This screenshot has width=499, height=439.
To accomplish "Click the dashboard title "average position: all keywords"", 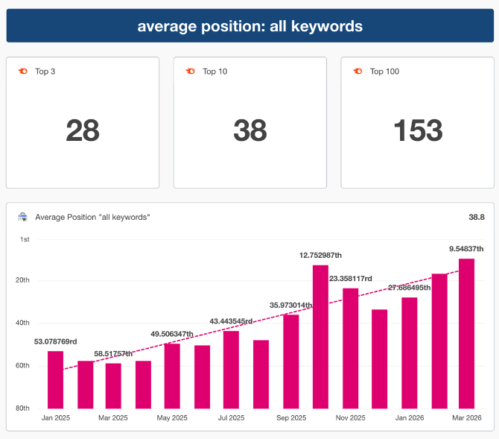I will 249,26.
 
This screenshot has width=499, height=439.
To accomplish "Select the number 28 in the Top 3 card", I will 83,130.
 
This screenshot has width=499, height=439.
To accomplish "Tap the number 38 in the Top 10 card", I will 249,130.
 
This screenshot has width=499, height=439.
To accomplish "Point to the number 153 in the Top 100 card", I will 417,130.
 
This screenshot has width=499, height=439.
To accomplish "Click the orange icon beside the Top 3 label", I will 23,72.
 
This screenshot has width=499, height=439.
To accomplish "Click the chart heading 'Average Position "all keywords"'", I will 93,217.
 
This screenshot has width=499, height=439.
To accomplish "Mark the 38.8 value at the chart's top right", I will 477,217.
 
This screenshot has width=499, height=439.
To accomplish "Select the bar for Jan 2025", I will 55,379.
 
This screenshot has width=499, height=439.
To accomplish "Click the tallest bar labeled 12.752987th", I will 320,336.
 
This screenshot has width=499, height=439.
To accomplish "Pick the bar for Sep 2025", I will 290,361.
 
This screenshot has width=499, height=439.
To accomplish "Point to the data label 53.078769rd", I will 56,341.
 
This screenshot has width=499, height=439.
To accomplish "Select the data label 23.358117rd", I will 351,278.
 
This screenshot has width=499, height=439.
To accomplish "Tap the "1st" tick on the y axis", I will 25,239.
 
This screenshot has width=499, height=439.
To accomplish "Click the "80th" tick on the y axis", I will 24,408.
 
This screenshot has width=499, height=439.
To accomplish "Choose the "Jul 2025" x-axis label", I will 232,418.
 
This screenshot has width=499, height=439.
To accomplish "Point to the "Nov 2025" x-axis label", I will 350,418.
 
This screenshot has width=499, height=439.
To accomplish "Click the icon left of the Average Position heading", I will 23,217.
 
